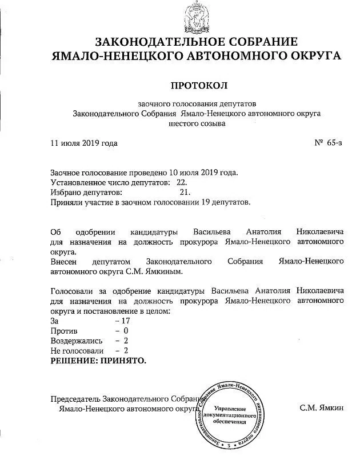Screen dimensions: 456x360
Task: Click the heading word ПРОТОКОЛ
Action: point(199,85)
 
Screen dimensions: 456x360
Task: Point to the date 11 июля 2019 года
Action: point(84,143)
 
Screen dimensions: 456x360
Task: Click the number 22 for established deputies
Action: point(182,182)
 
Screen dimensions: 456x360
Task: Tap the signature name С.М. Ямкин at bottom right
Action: point(322,409)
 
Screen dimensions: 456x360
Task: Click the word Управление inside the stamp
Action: point(229,409)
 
